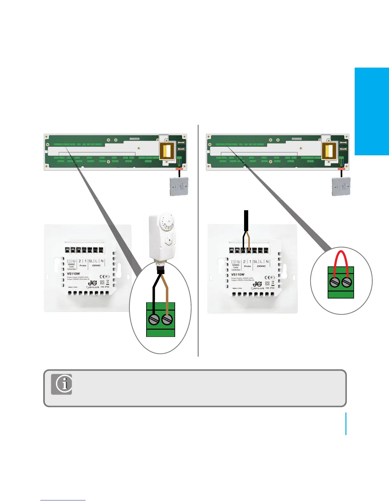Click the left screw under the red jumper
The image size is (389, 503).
click(334, 282)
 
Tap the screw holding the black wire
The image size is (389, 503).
click(154, 319)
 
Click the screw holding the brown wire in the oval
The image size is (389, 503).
click(167, 319)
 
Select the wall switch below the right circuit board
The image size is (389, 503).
click(341, 186)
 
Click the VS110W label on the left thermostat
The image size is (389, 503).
click(73, 273)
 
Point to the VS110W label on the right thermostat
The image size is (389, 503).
click(238, 274)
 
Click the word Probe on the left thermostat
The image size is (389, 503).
click(83, 265)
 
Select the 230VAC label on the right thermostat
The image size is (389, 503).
click(261, 266)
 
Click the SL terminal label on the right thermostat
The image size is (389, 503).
click(255, 262)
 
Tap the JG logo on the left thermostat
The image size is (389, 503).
click(92, 283)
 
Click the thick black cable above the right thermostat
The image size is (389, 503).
click(246, 220)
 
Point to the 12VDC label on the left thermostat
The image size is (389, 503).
click(71, 264)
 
